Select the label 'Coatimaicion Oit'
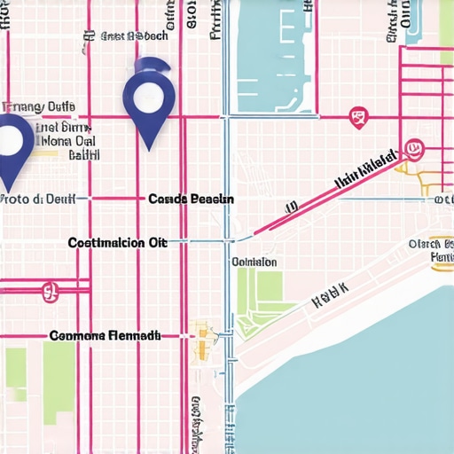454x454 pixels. pyautogui.click(x=118, y=242)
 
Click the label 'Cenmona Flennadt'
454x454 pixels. pyautogui.click(x=105, y=336)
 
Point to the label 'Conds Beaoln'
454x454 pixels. pyautogui.click(x=191, y=200)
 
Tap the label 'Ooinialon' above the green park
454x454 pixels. pyautogui.click(x=254, y=262)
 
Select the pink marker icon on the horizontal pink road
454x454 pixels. pyautogui.click(x=358, y=117)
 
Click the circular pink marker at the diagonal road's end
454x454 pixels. pyautogui.click(x=412, y=147)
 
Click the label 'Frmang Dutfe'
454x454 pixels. pyautogui.click(x=41, y=107)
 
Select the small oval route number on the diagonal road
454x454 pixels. pyautogui.click(x=289, y=208)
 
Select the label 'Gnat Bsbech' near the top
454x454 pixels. pyautogui.click(x=134, y=37)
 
